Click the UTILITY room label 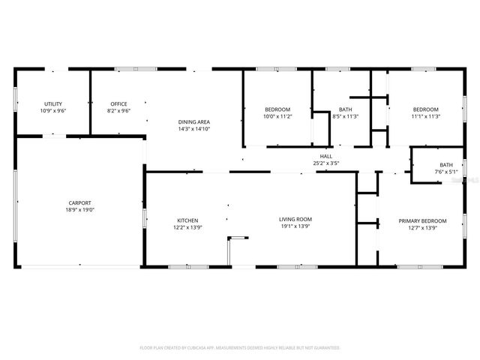53,104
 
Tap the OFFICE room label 118,104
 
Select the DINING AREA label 193,121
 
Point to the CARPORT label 79,202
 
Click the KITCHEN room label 187,220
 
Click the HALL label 326,156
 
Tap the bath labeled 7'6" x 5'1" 446,165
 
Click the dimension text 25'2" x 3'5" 326,163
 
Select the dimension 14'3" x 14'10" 193,128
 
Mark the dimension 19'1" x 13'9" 295,226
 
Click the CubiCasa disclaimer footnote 240,348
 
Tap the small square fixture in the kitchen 238,238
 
